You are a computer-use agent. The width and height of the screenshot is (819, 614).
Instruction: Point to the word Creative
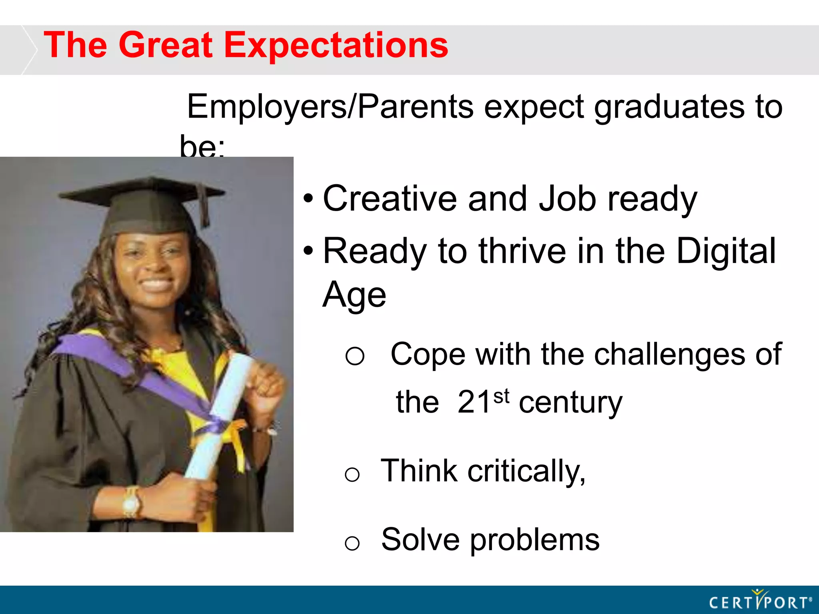(x=390, y=199)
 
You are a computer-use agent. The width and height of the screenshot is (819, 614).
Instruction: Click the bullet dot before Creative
(x=308, y=198)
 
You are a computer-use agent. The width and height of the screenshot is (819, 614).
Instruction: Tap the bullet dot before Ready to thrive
(x=308, y=251)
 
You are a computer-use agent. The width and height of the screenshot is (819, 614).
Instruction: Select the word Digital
(x=726, y=251)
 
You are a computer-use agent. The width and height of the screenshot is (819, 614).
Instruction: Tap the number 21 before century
(x=474, y=402)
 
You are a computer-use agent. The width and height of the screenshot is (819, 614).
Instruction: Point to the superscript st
(x=501, y=396)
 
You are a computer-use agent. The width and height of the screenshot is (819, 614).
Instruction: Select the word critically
(x=526, y=472)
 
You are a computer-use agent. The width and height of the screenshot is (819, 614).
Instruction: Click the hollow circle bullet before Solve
(x=352, y=543)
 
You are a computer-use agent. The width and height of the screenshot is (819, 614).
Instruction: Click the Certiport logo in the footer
(x=760, y=601)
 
